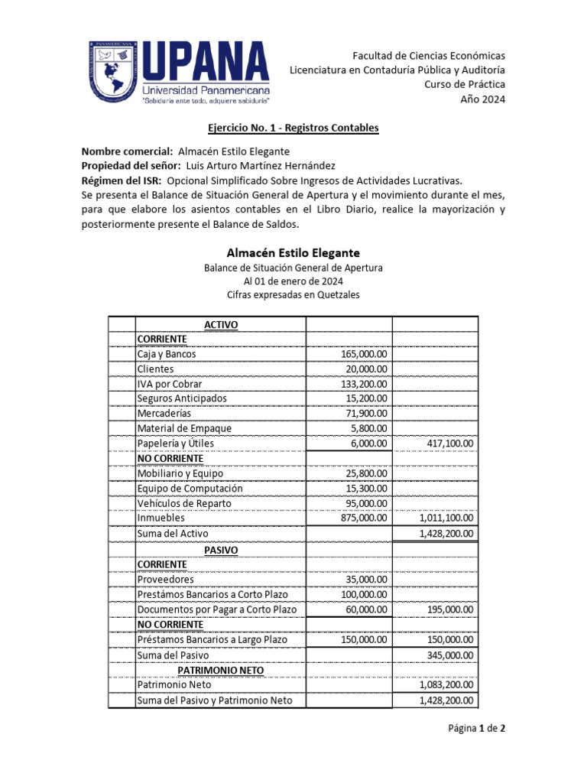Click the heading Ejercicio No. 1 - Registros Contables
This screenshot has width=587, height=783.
[x=293, y=128]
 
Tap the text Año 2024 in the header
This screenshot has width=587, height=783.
[x=482, y=99]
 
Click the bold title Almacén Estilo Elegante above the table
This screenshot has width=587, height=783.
[x=293, y=252]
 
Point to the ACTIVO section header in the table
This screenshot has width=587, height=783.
[x=221, y=325]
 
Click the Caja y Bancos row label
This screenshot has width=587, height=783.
[x=166, y=355]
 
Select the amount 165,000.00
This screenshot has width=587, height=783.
[x=364, y=355]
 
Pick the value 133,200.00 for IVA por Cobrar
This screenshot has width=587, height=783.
[x=364, y=384]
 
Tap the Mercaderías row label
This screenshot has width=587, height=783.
[x=164, y=414]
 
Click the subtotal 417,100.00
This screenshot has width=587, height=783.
[x=447, y=443]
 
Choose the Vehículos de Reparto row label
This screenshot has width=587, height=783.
[x=183, y=503]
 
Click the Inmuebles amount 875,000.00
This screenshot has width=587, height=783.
[x=364, y=518]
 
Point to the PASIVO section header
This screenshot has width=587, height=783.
[x=221, y=550]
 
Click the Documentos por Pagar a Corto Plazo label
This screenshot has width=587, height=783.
[x=216, y=609]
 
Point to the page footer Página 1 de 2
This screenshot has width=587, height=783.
[x=475, y=729]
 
